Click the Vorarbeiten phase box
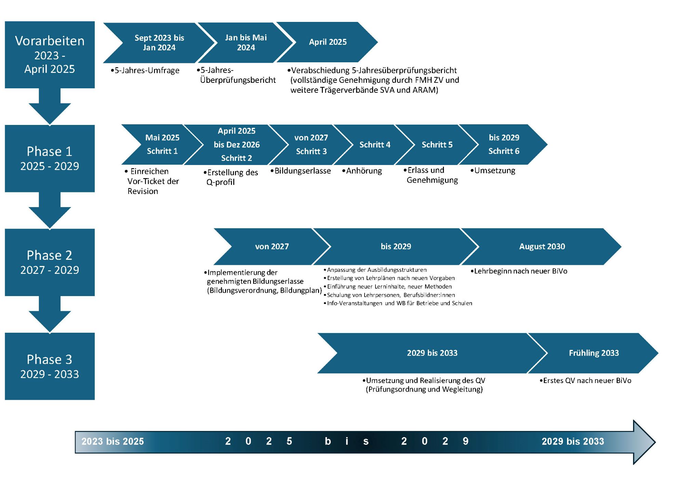click(x=50, y=55)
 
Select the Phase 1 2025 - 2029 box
click(x=50, y=158)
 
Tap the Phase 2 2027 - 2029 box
click(x=50, y=262)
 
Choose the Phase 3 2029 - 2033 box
click(x=50, y=366)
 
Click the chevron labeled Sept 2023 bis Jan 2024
click(x=159, y=43)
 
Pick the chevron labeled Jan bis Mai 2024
click(x=246, y=43)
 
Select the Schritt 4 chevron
click(x=374, y=144)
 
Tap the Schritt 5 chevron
click(x=437, y=144)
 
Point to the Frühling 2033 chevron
click(x=594, y=353)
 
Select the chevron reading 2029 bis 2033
click(x=432, y=353)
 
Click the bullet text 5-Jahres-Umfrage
click(x=145, y=71)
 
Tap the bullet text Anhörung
click(x=362, y=171)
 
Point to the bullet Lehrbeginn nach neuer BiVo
click(x=519, y=271)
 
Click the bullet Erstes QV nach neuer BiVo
click(x=586, y=381)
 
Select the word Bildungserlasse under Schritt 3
click(x=303, y=171)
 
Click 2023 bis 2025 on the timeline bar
click(x=113, y=442)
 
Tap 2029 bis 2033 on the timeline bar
click(x=573, y=442)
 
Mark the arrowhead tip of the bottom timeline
click(x=655, y=442)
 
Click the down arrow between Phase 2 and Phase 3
click(x=50, y=314)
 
